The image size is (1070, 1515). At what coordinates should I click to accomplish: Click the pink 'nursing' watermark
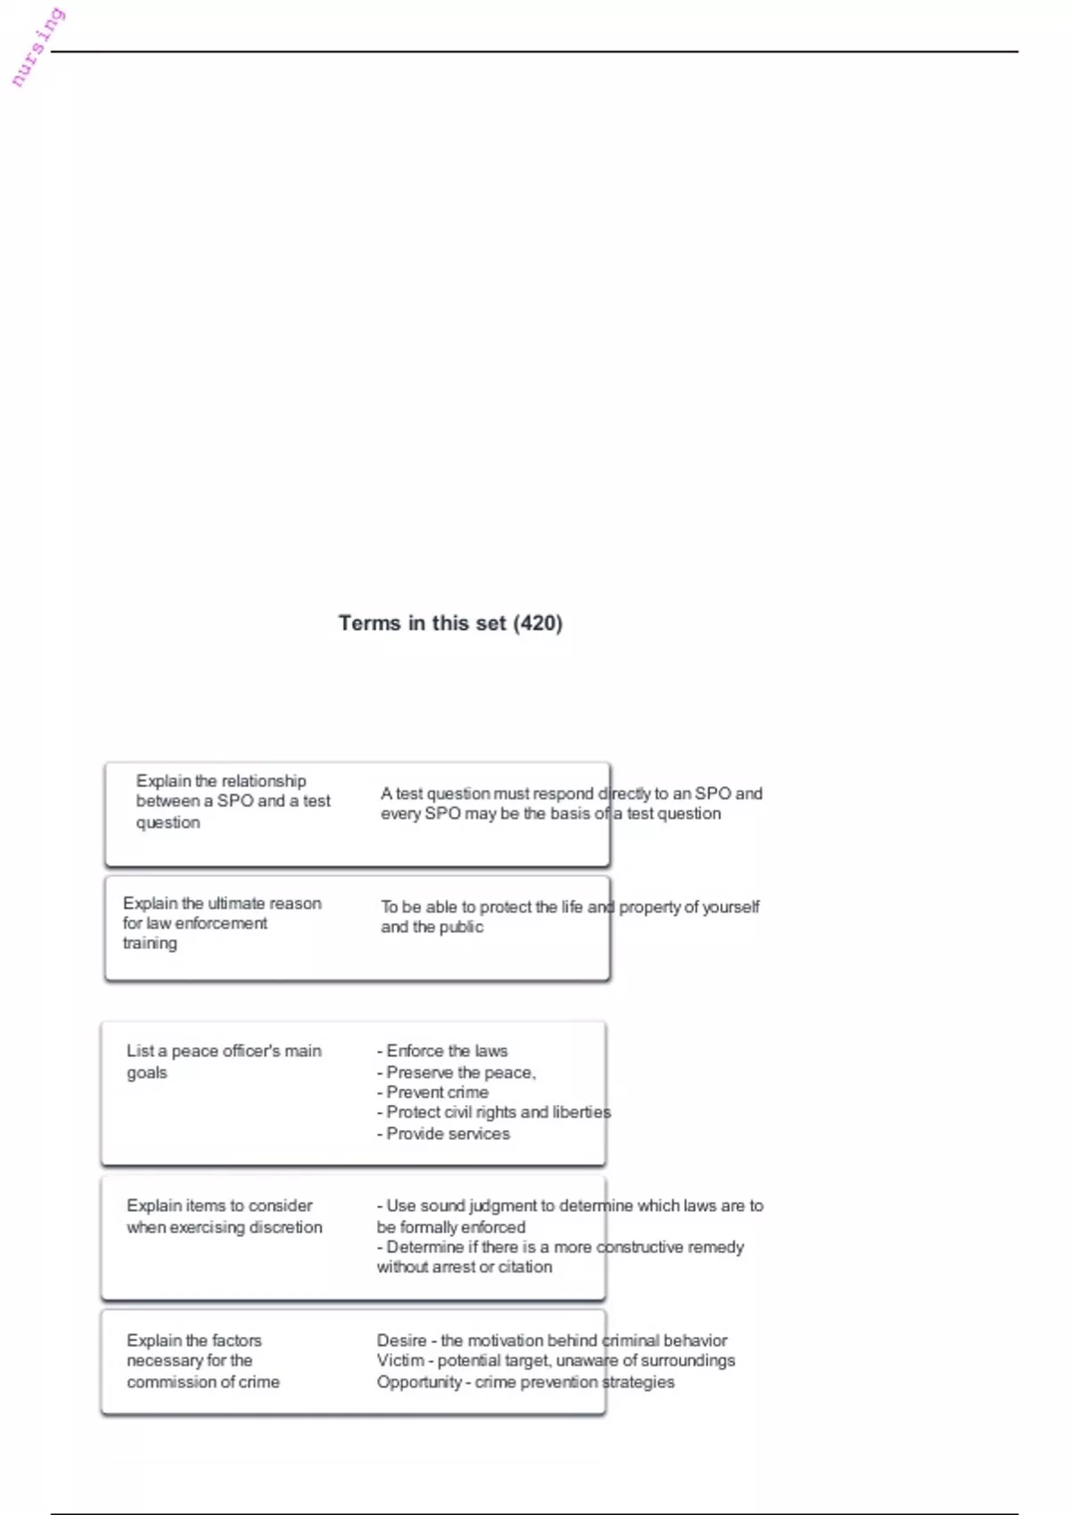point(37,47)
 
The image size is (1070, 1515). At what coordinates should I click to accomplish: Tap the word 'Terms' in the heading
point(370,623)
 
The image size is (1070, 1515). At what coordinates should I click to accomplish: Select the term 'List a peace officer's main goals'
point(223,1061)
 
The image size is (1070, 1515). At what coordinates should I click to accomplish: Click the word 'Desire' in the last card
point(401,1340)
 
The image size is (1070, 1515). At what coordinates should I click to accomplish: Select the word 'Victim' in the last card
point(400,1361)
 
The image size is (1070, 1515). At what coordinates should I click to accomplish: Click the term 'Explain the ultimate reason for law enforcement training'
point(221,923)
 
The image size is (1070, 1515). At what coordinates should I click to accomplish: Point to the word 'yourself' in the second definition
point(730,907)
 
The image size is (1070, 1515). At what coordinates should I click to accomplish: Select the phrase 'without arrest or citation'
point(464,1267)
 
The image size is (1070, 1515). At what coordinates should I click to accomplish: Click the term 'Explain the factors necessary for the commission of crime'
point(202,1361)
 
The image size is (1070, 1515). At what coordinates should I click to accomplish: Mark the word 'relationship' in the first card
point(263,782)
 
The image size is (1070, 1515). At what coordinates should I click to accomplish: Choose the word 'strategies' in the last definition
point(638,1382)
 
